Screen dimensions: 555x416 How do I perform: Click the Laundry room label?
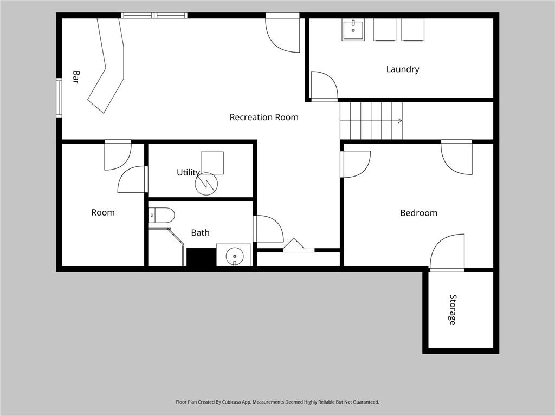403,69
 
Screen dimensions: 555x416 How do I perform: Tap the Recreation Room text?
264,117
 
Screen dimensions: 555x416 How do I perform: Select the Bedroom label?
419,213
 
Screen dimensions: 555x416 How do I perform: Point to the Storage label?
453,310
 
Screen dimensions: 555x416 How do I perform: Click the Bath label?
201,233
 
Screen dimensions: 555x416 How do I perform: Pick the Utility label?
188,173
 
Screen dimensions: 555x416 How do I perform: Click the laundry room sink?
353,30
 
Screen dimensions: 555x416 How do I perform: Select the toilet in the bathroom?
162,216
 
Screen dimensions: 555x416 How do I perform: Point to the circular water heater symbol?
206,184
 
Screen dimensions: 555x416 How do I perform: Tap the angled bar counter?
106,66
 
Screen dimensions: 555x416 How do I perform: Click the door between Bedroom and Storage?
447,252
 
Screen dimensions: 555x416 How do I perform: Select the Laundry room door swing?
324,86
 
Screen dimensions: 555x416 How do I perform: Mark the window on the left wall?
59,97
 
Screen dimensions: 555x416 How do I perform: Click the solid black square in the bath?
202,257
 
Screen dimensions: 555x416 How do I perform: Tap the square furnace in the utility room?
212,163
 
